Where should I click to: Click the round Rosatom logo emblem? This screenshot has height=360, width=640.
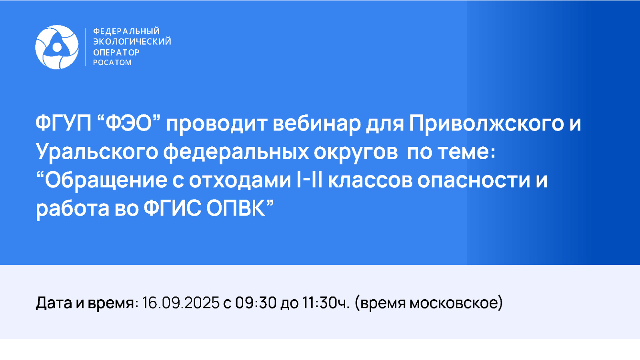[57, 47]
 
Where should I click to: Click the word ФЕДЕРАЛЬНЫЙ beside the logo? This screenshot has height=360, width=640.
[126, 31]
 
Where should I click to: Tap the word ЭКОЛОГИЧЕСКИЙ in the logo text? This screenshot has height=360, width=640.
[132, 42]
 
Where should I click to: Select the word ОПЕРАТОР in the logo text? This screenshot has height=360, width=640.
[116, 52]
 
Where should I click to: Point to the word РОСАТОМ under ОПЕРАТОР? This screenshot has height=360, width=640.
[112, 62]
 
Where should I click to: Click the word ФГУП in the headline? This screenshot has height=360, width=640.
[64, 123]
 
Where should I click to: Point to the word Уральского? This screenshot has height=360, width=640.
[97, 152]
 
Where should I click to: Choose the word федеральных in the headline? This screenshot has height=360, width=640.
[236, 152]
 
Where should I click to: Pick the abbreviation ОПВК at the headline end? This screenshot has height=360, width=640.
[236, 208]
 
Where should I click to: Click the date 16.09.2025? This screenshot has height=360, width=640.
[180, 302]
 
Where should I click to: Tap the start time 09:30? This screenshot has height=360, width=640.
[256, 302]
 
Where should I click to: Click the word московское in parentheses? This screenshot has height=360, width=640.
[456, 303]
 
